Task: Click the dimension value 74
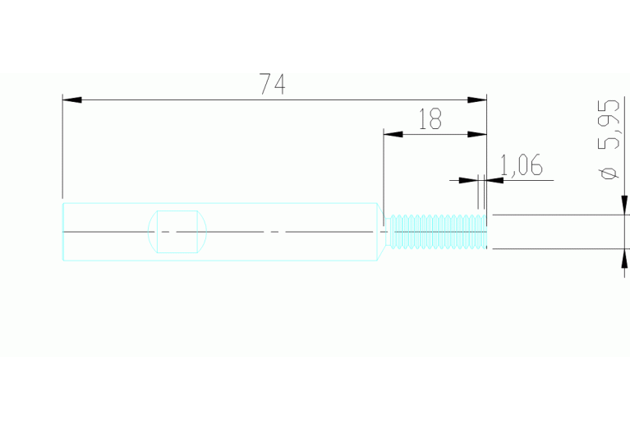272,84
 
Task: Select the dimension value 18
430,118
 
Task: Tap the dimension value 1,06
522,165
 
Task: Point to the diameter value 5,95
609,125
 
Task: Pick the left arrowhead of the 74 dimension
72,99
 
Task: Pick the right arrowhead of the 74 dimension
477,99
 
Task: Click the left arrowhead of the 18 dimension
393,134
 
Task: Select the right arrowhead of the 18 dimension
477,134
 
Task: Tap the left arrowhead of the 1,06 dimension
468,180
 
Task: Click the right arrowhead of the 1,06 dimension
494,180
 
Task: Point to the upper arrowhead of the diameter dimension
624,206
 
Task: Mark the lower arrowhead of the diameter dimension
624,259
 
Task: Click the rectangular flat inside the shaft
177,232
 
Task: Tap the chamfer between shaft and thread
381,232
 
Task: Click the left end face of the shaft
63,232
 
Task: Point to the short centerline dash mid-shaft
274,232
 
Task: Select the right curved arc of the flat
205,232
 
